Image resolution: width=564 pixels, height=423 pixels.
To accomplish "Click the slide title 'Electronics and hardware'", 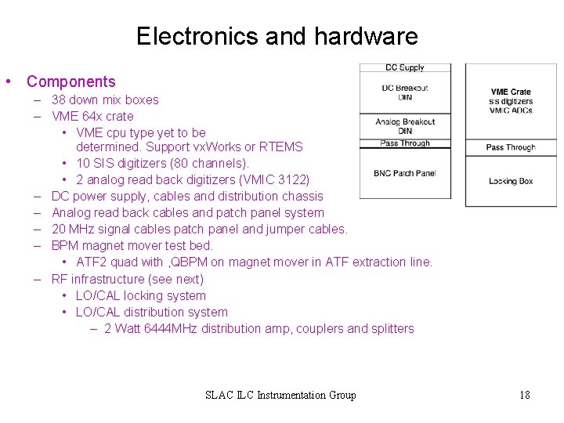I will pyautogui.click(x=277, y=36).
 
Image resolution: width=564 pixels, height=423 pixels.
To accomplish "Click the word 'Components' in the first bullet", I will pyautogui.click(x=70, y=81).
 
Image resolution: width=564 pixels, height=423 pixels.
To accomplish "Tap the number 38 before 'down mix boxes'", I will pyautogui.click(x=59, y=100).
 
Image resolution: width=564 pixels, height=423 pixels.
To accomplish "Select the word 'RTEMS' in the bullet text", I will pyautogui.click(x=284, y=146).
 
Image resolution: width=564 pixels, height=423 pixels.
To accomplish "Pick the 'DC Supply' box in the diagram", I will pyautogui.click(x=405, y=68).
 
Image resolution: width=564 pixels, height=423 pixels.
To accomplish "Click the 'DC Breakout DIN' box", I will pyautogui.click(x=405, y=92).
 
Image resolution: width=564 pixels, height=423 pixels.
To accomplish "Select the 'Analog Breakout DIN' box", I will pyautogui.click(x=405, y=126).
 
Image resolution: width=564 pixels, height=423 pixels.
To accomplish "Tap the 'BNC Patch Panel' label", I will pyautogui.click(x=405, y=173).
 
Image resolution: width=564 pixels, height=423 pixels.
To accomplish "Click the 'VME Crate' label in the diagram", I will pyautogui.click(x=511, y=92).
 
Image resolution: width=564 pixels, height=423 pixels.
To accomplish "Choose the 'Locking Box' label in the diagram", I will pyautogui.click(x=511, y=181).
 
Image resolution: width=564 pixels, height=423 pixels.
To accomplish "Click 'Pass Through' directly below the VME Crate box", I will pyautogui.click(x=511, y=147).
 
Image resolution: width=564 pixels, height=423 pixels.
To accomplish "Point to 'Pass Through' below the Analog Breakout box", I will pyautogui.click(x=405, y=143).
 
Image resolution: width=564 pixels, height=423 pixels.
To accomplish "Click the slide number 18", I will pyautogui.click(x=524, y=395).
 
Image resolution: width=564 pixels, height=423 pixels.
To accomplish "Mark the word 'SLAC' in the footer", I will pyautogui.click(x=220, y=395).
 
